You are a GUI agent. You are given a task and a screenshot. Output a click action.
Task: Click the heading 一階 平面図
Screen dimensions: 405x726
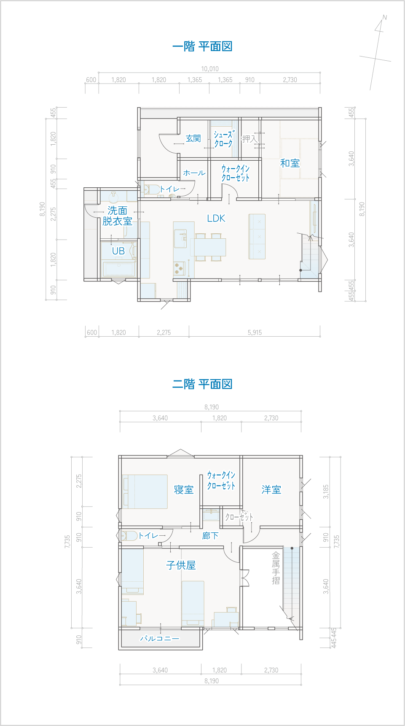coord(202,46)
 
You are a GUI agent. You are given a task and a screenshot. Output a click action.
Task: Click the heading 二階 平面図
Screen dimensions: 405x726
coord(202,384)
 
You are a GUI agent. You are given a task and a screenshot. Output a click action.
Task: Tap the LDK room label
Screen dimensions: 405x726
coord(216,218)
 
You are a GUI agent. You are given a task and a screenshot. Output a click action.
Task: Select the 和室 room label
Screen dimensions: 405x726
coord(290,163)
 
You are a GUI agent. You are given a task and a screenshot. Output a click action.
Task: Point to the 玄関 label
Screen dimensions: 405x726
coord(193,138)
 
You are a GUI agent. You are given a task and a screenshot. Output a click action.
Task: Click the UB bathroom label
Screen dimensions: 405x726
coord(118,251)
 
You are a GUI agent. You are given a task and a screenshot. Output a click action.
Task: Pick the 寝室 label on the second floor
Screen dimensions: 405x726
coord(184,490)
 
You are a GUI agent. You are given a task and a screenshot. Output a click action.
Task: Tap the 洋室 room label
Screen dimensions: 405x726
coord(271,489)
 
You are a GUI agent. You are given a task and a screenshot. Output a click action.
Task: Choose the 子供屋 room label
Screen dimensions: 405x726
coord(181,565)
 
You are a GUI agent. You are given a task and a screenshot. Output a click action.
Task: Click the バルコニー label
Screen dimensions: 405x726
coord(160,639)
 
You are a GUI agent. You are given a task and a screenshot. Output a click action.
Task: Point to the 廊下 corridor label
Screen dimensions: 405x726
coord(210,536)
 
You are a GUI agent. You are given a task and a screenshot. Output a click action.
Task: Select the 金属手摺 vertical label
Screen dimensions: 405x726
coord(276,568)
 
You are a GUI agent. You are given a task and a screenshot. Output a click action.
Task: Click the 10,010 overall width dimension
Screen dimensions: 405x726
coord(210,69)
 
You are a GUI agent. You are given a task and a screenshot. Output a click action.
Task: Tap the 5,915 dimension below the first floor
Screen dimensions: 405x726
coord(255,332)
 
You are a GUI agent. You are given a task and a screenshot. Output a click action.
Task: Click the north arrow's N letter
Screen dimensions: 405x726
coord(384,17)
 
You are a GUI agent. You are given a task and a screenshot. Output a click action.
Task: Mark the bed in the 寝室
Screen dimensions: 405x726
coord(145,491)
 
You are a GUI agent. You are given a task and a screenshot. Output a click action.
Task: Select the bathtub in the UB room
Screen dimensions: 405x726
coord(119,269)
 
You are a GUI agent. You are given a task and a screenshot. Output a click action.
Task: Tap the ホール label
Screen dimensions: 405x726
coord(194,173)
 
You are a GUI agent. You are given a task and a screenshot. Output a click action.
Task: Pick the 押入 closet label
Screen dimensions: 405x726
coord(249,139)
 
